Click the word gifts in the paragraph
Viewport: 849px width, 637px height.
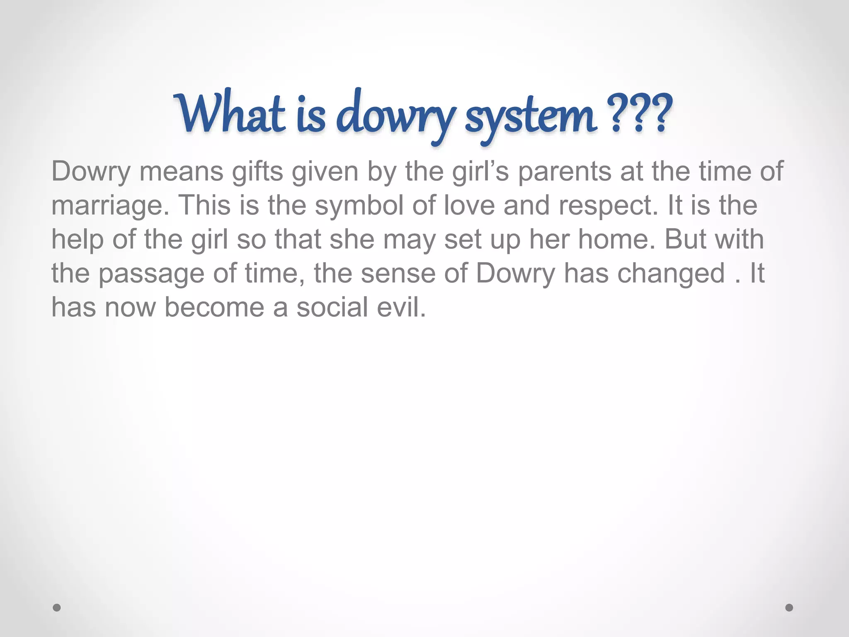coord(257,172)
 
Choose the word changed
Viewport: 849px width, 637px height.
coord(672,274)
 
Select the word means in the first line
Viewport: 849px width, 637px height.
coord(182,172)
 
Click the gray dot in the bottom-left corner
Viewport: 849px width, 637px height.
coord(57,608)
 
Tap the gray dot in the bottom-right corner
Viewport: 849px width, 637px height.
coord(789,608)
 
